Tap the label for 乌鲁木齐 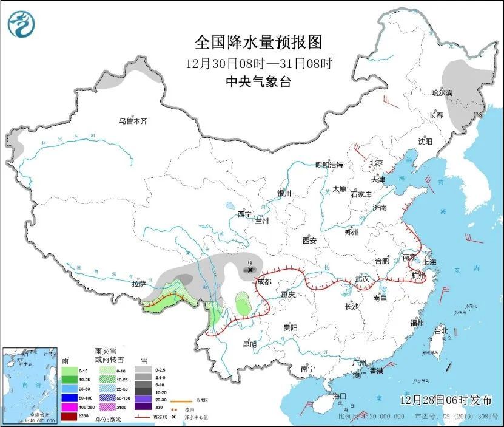point(133,121)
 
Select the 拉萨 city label point(139,284)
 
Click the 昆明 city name point(249,344)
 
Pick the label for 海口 point(340,396)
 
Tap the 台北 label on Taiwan point(441,331)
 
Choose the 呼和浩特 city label point(329,165)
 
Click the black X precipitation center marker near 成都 point(250,269)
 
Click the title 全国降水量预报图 point(258,43)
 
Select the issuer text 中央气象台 point(258,82)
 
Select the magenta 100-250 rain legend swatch point(70,407)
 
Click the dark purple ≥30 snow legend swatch point(144,407)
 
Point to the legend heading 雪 point(144,360)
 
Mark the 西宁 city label point(244,214)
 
